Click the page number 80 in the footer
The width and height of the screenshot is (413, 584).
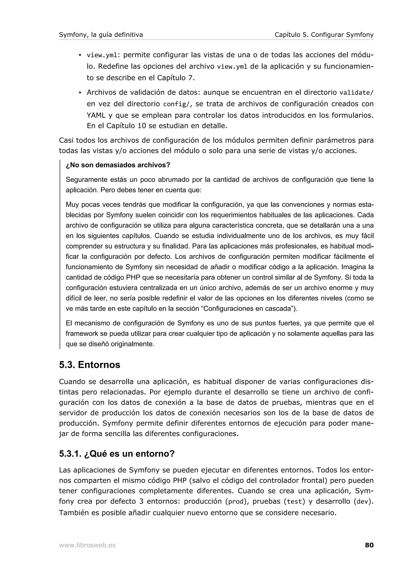coord(369,545)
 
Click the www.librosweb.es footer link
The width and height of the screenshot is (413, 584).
coord(87,545)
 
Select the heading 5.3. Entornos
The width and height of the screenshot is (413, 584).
coord(90,365)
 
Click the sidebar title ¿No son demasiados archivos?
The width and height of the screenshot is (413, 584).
coord(118,165)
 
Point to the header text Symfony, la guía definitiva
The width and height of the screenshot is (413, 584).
coord(101,35)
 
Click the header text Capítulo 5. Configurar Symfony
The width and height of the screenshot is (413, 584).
coord(324,35)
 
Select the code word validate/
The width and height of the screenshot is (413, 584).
coord(356,92)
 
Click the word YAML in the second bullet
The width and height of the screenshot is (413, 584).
coord(96,115)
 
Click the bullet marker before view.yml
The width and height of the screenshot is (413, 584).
coord(80,55)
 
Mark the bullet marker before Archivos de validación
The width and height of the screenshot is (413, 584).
coord(80,92)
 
